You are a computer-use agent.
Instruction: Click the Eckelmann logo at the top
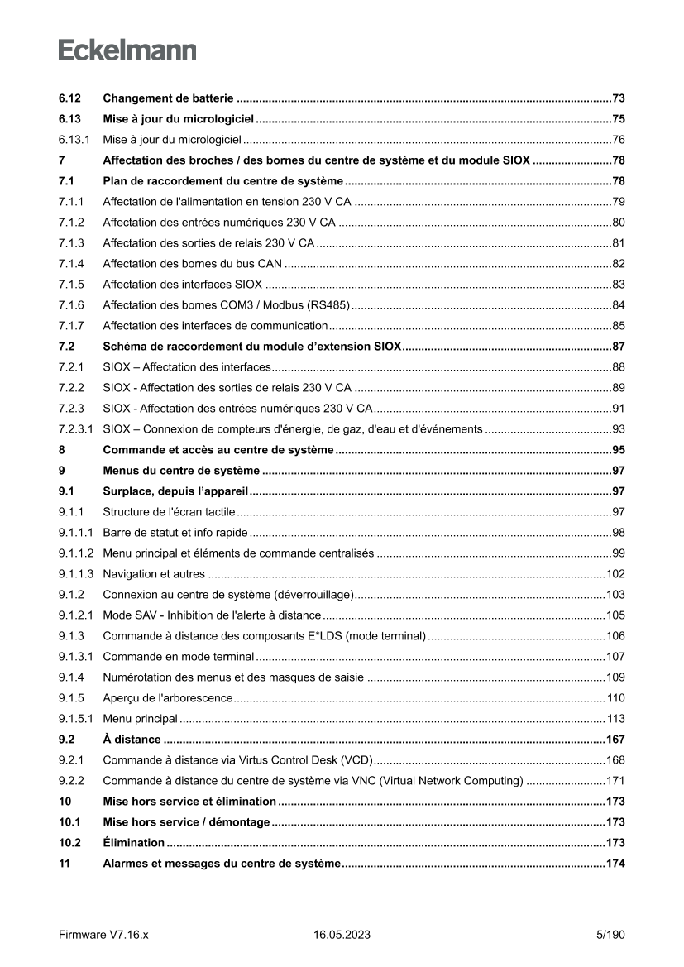click(127, 51)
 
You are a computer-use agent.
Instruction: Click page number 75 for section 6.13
click(618, 118)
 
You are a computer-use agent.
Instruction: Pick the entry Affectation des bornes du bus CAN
click(192, 264)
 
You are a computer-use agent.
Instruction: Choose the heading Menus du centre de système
click(181, 471)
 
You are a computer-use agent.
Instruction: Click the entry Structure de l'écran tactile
click(169, 512)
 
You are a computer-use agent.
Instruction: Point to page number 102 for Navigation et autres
click(615, 574)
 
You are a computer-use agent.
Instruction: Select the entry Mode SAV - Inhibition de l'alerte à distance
click(212, 615)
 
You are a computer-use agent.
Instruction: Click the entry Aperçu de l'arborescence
click(167, 698)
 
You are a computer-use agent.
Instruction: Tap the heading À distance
click(132, 740)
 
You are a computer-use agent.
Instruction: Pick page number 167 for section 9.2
click(615, 740)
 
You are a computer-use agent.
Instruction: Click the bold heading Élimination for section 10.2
click(133, 843)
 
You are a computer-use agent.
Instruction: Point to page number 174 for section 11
click(615, 864)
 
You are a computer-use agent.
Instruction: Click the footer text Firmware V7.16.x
click(103, 935)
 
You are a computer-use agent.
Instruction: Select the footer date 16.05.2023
click(342, 935)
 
